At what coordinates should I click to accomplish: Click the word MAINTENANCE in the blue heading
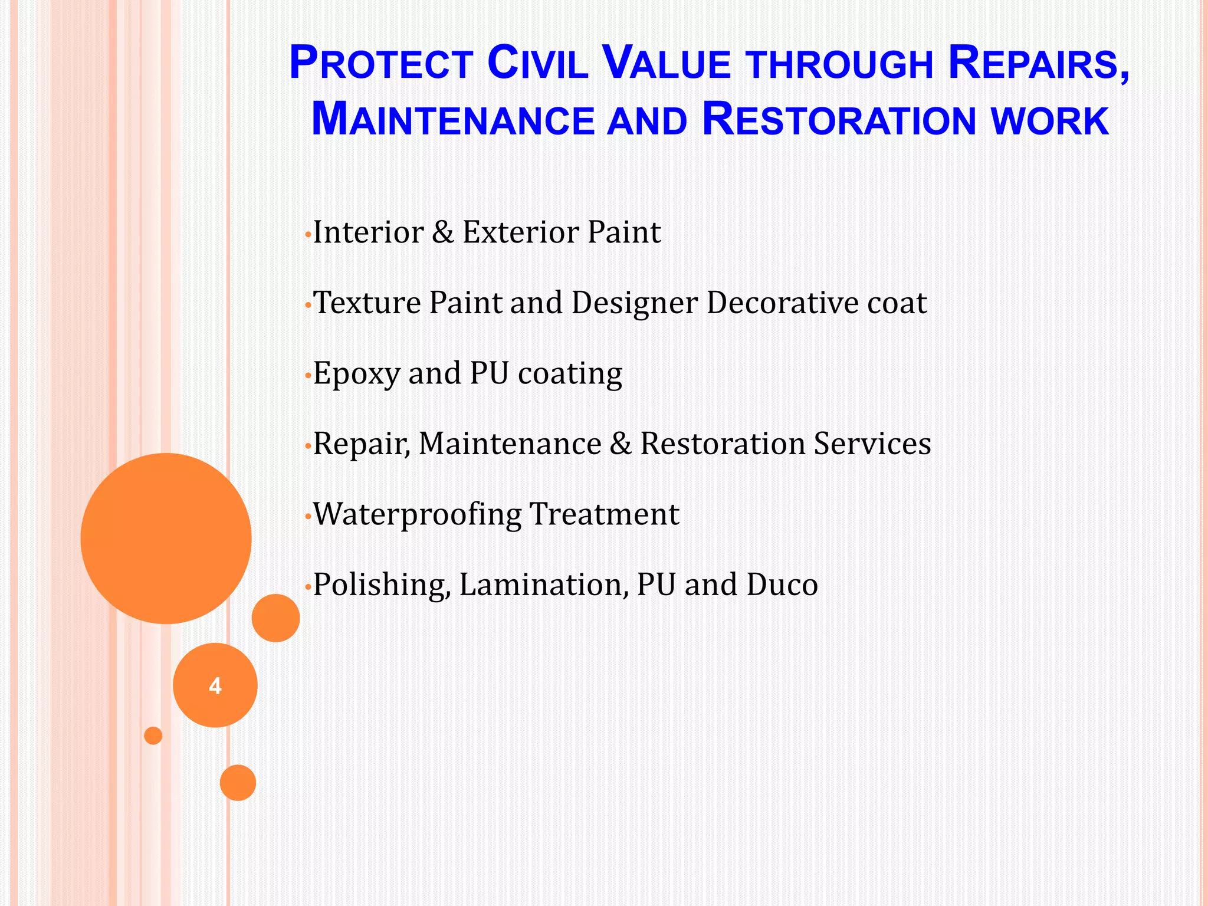pyautogui.click(x=452, y=120)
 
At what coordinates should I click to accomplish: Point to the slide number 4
pyautogui.click(x=215, y=686)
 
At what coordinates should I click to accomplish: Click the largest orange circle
pyautogui.click(x=166, y=538)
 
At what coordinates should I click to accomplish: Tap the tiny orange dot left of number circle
pyautogui.click(x=153, y=736)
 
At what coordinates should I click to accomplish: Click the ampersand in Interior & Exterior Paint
pyautogui.click(x=442, y=232)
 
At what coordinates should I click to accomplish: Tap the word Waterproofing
pyautogui.click(x=416, y=514)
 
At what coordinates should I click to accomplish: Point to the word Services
pyautogui.click(x=872, y=444)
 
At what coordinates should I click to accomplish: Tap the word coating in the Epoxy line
pyautogui.click(x=570, y=374)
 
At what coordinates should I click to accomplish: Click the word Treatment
pyautogui.click(x=605, y=514)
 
